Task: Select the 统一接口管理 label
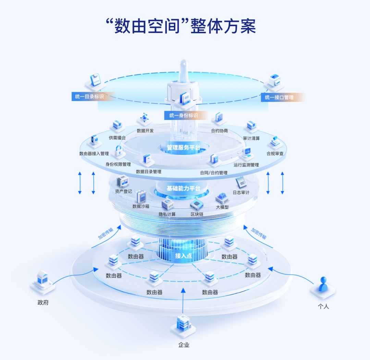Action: [279, 97]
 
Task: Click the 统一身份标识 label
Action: [184, 115]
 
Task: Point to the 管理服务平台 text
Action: [184, 148]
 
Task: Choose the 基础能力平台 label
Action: [184, 188]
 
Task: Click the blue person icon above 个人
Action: [322, 285]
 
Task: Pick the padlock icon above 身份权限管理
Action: [119, 151]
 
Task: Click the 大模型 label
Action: [222, 207]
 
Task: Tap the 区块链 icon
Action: [197, 204]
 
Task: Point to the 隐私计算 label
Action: [167, 214]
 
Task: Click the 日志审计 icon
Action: [241, 182]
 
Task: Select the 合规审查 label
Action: [275, 154]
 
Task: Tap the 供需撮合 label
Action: [117, 138]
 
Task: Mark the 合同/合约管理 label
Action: [214, 173]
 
